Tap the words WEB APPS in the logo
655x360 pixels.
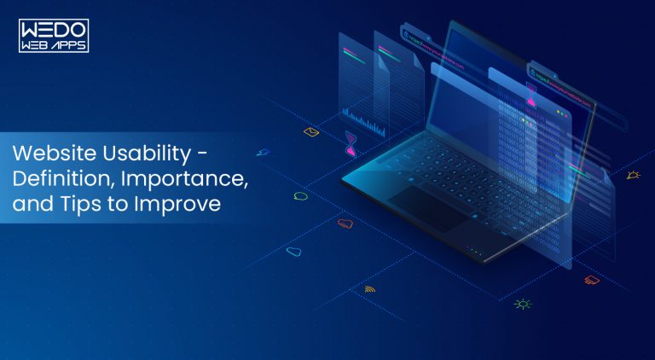point(54,44)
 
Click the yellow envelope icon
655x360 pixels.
point(311,132)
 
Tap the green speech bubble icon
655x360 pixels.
point(300,196)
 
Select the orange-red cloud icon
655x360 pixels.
point(345,224)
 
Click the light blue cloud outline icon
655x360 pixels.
point(294,252)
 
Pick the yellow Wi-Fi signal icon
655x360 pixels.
point(369,289)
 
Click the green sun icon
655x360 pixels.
point(522,303)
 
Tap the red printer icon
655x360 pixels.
point(591,279)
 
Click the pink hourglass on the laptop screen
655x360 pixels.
point(531,96)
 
